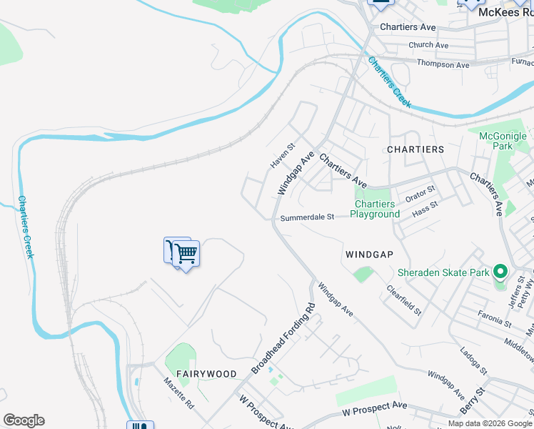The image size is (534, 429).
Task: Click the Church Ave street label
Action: tap(428, 45)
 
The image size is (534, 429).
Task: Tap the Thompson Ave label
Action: tap(443, 64)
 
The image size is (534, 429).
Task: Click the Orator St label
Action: tap(420, 193)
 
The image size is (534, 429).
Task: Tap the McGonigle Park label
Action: tap(503, 141)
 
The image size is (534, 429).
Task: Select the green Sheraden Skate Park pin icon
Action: tap(500, 272)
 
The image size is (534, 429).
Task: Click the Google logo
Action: tap(24, 420)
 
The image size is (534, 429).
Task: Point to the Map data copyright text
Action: tap(489, 423)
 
